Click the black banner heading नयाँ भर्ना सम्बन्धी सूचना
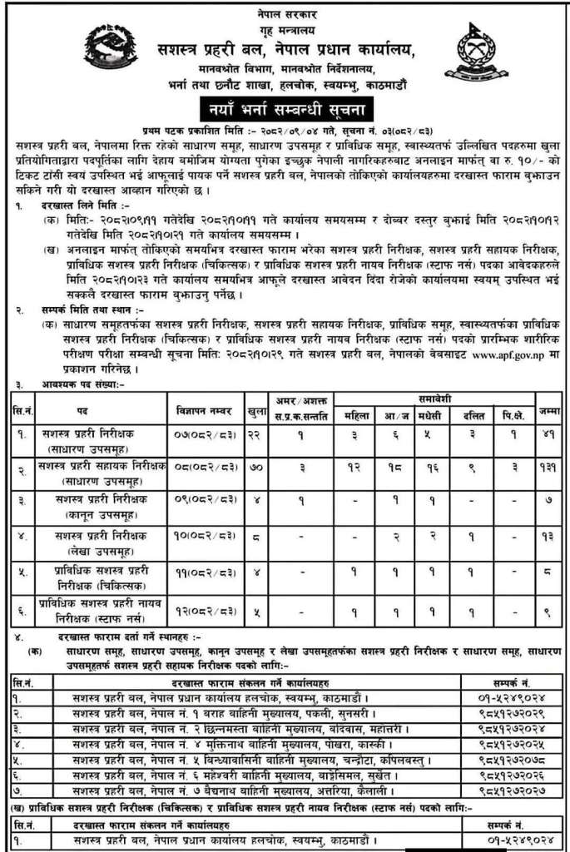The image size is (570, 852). tap(285, 108)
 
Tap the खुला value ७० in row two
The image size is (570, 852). tap(257, 468)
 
